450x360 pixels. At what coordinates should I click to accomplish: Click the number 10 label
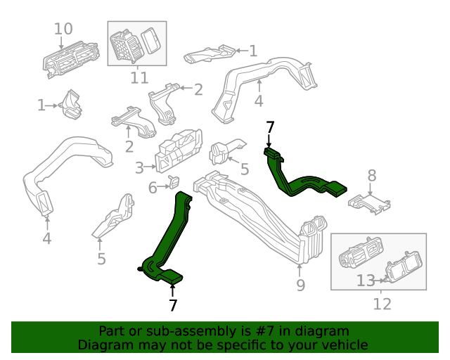[63, 29]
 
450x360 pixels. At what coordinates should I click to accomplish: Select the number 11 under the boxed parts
[139, 77]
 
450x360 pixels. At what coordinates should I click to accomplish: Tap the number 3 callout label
[139, 167]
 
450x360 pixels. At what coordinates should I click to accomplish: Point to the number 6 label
[153, 188]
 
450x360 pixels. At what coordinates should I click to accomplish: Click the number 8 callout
[372, 176]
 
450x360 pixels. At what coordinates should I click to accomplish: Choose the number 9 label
[300, 285]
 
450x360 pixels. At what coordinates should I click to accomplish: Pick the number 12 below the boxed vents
[381, 304]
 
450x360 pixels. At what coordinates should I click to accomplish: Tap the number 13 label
[366, 281]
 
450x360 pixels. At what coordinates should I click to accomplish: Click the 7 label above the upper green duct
[269, 127]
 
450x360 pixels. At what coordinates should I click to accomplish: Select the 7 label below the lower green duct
[173, 305]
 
